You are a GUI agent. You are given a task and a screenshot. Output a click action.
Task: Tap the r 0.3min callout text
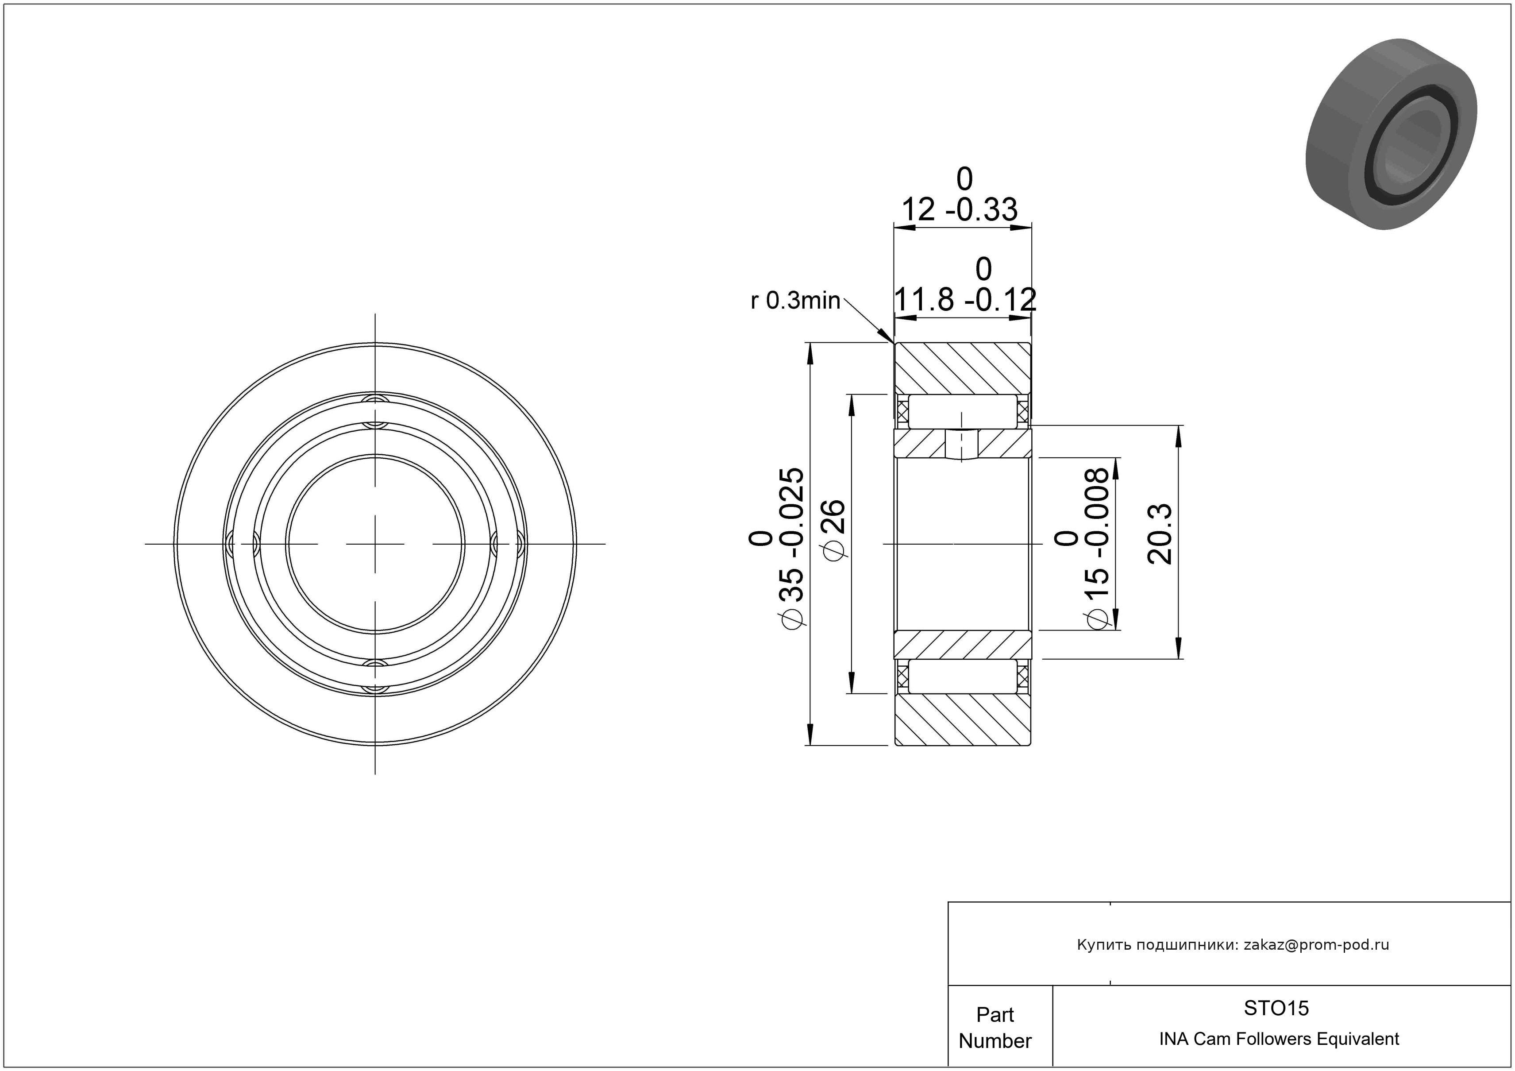pyautogui.click(x=795, y=301)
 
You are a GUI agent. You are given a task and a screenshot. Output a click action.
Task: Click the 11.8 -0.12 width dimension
pyautogui.click(x=965, y=300)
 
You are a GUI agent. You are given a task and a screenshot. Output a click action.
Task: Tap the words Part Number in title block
pyautogui.click(x=995, y=1028)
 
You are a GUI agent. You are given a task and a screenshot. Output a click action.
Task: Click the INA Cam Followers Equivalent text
pyautogui.click(x=1279, y=1039)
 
